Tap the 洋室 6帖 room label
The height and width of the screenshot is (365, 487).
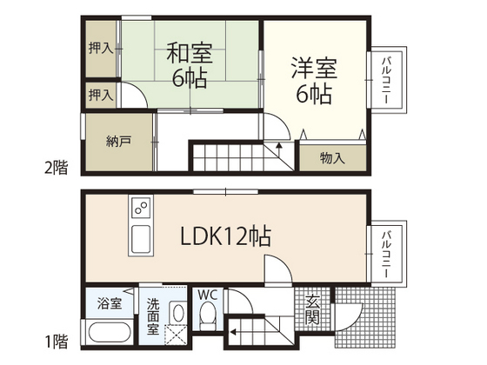[x=313, y=80]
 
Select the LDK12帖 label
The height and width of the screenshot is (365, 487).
[x=225, y=236]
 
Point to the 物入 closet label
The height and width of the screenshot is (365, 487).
[x=332, y=158]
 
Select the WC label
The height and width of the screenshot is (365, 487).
[x=208, y=295]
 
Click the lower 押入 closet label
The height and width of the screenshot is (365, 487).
[x=101, y=94]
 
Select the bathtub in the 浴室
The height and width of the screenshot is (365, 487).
[x=109, y=334]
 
